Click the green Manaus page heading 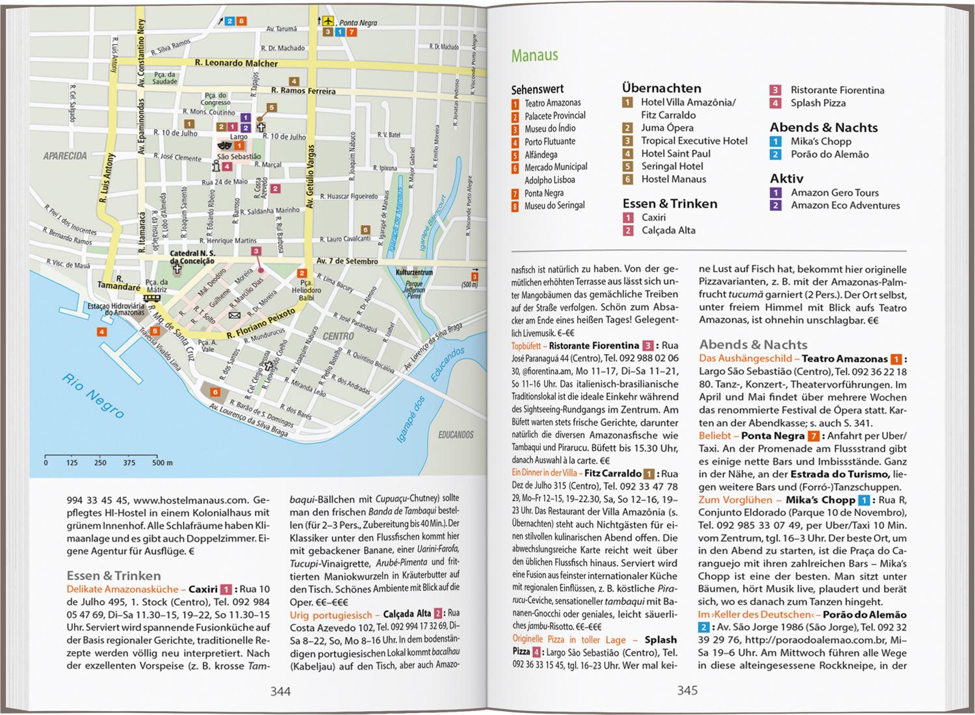[534, 55]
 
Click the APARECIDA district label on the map [65, 156]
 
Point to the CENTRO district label [339, 336]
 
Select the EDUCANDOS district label [456, 435]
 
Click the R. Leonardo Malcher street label [236, 63]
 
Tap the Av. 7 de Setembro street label [347, 261]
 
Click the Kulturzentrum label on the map [414, 272]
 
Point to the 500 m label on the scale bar [162, 463]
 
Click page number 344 [280, 692]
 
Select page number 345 [687, 691]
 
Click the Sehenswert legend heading [538, 89]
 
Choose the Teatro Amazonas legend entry [552, 103]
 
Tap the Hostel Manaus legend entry [673, 179]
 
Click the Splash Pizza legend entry [818, 103]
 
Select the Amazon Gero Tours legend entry [835, 193]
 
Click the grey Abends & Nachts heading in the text [753, 345]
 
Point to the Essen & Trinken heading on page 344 [114, 576]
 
